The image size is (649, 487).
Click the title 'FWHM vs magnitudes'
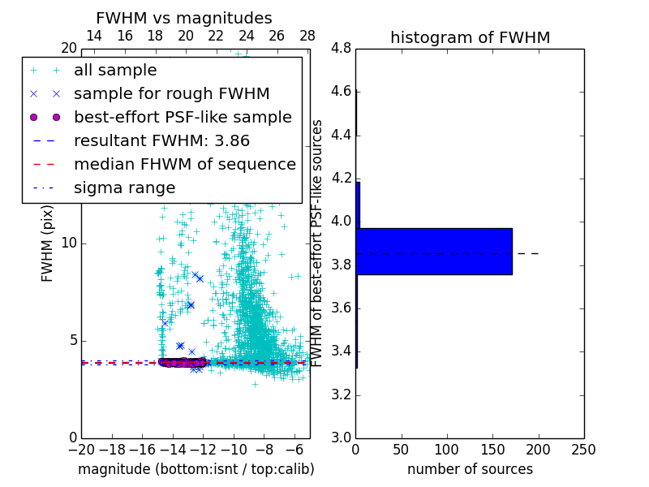(x=184, y=19)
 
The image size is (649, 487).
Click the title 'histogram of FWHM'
(x=470, y=37)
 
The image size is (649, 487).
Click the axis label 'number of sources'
(x=470, y=469)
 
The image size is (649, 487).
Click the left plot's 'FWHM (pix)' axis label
(x=48, y=243)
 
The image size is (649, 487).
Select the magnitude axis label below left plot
(x=196, y=469)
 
